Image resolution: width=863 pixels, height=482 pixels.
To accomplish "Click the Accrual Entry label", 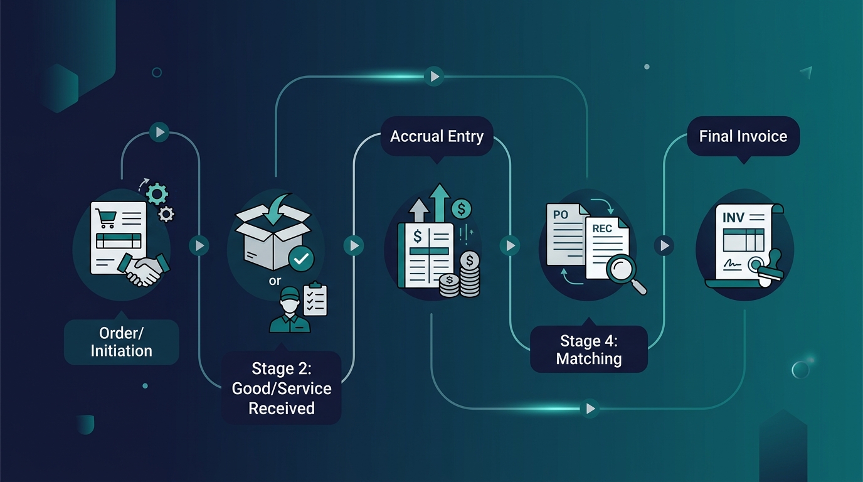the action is [x=437, y=136].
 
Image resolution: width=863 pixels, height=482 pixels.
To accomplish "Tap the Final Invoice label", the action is [x=743, y=136].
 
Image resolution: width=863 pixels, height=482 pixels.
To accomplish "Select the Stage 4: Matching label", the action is [x=589, y=350].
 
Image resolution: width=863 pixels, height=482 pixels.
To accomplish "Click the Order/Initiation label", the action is [x=122, y=342].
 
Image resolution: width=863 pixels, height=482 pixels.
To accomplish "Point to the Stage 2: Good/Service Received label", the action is [x=282, y=388].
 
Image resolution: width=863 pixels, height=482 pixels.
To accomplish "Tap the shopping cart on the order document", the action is [x=105, y=218].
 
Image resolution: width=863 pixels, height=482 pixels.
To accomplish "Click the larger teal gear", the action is [x=157, y=194].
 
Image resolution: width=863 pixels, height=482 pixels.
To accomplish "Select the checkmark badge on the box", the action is [x=301, y=259].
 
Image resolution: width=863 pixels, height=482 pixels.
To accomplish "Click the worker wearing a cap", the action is [x=290, y=309].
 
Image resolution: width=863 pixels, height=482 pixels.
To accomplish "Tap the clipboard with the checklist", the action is [x=315, y=299].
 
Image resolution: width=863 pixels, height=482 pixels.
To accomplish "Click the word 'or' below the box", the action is [x=275, y=281].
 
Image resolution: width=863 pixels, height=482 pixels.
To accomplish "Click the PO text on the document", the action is [x=561, y=215].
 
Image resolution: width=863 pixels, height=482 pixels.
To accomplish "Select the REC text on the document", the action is [x=602, y=228].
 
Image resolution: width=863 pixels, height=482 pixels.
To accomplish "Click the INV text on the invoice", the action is [x=733, y=218].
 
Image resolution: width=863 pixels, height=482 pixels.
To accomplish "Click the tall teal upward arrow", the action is [x=440, y=203].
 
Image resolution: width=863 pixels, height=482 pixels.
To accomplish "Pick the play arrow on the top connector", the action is [x=434, y=77].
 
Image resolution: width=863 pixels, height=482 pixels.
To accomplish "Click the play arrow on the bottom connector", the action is [x=590, y=409].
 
